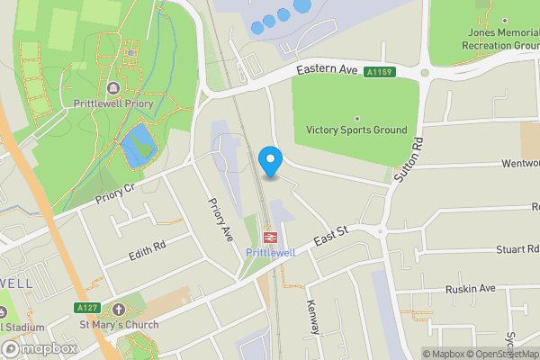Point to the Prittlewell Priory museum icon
pos(113,87)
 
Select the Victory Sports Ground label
pos(356,130)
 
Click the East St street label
pos(331,238)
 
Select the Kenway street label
pos(313,317)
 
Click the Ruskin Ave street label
pos(471,289)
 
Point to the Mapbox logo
pos(40,348)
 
